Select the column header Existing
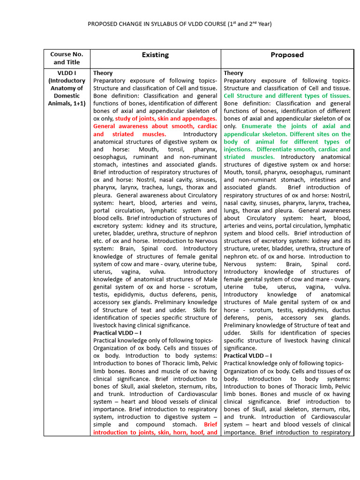click(155, 55)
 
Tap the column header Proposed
click(287, 55)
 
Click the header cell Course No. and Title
click(67, 58)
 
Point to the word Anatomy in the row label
click(67, 88)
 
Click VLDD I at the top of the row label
click(67, 73)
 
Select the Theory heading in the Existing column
click(103, 73)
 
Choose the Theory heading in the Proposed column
click(233, 73)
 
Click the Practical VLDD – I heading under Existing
click(117, 333)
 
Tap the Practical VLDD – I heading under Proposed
click(248, 356)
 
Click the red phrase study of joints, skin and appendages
click(166, 119)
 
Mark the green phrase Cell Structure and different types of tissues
click(287, 96)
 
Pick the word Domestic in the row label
click(67, 96)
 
